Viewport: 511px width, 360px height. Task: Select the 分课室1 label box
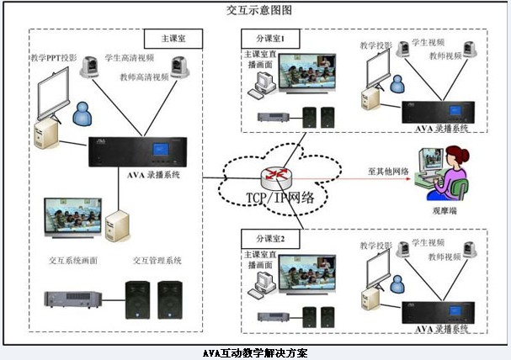click(270, 39)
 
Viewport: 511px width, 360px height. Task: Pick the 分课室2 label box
click(270, 239)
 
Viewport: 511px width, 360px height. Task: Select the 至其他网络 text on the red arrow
click(387, 171)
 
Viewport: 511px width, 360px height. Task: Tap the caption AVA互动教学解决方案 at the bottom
click(256, 353)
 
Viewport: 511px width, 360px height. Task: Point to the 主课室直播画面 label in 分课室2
click(260, 257)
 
